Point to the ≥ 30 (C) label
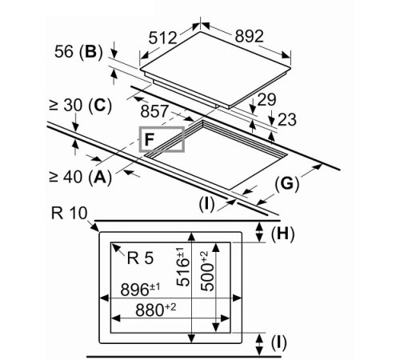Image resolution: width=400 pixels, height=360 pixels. click(78, 106)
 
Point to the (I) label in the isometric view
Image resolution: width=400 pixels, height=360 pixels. click(208, 203)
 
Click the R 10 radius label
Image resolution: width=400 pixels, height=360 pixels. click(68, 213)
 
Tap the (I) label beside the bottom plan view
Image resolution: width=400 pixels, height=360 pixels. click(278, 343)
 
